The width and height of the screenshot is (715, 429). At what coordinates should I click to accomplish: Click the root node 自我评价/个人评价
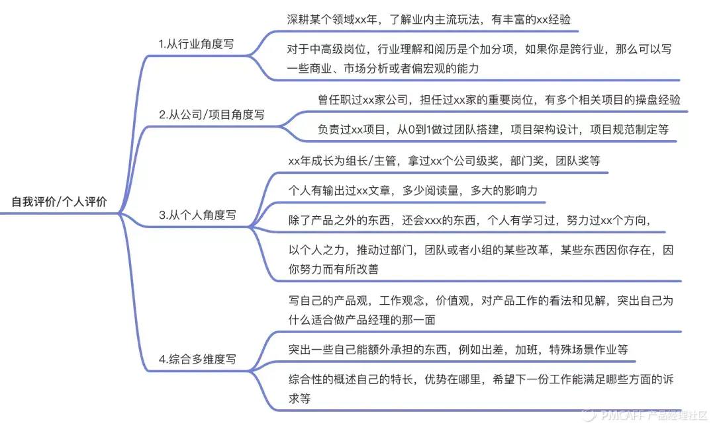59,202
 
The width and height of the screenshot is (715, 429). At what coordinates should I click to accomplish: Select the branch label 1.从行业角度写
195,44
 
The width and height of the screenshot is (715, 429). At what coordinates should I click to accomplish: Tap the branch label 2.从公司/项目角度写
211,114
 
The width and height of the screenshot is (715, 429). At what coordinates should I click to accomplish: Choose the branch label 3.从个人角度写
197,215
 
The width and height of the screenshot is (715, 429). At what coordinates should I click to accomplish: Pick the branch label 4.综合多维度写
197,360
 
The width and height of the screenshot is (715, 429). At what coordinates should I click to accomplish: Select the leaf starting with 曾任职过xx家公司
499,100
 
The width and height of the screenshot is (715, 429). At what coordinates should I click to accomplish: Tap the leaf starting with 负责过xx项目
493,130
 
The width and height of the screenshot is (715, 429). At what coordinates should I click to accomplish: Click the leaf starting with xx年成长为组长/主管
444,161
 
